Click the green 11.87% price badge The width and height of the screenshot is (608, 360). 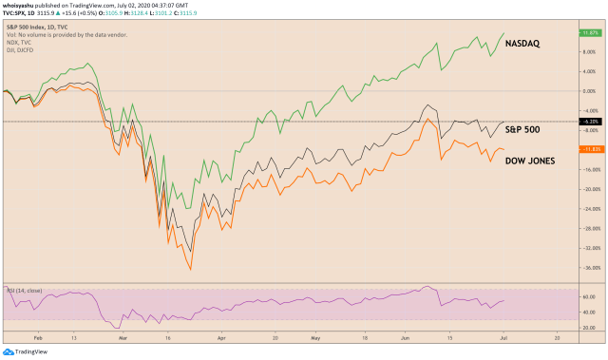click(x=592, y=33)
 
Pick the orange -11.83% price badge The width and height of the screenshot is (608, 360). click(x=592, y=150)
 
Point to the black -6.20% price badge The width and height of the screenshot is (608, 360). click(x=592, y=123)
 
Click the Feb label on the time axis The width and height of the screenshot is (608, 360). click(x=37, y=337)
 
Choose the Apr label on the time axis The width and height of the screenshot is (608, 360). click(x=220, y=337)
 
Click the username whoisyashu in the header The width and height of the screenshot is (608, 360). click(x=22, y=5)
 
